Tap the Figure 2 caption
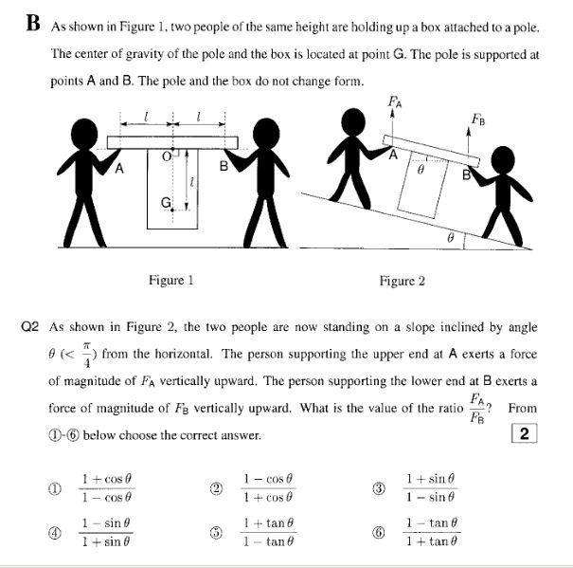point(403,281)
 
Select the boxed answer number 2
point(528,434)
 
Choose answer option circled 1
point(55,487)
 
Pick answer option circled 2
point(217,487)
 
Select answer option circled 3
point(379,487)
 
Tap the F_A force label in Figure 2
point(395,100)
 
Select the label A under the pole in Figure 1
point(119,169)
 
